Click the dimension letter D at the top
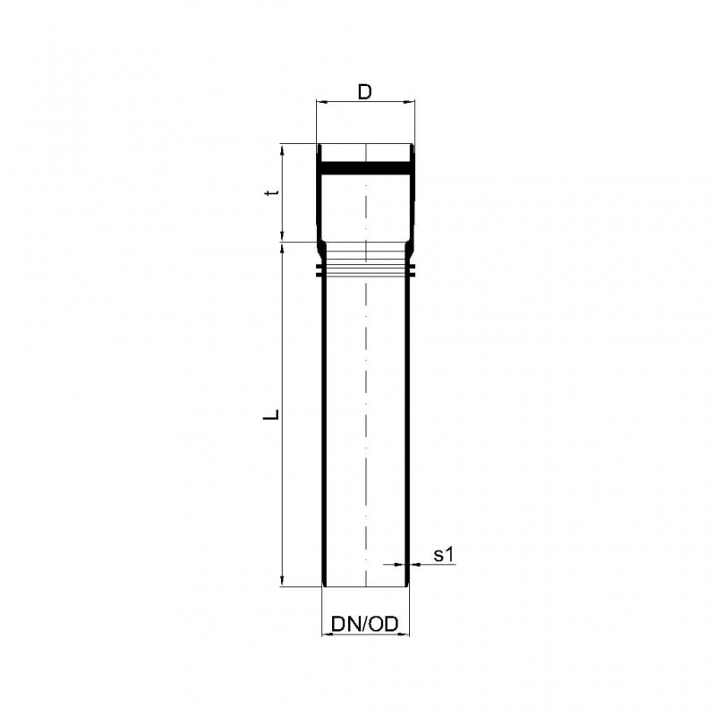364,91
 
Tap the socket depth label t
277,192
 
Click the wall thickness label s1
445,555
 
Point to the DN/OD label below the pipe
364,623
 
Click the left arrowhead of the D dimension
320,103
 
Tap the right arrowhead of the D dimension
411,103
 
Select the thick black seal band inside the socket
365,167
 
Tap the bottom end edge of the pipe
365,586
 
